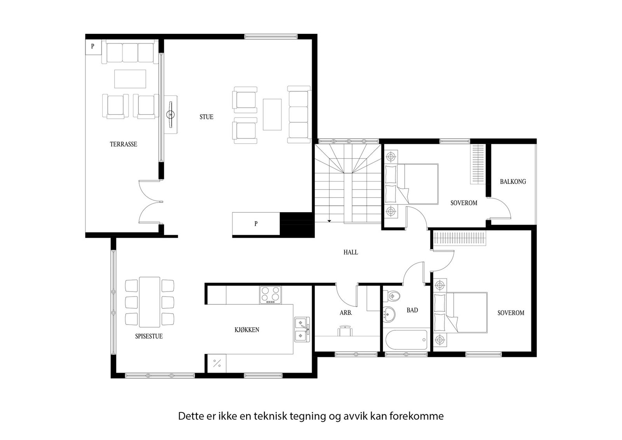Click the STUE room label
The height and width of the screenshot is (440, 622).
[x=206, y=117]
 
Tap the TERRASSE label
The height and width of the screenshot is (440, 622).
[x=123, y=144]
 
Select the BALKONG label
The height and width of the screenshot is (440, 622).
[x=513, y=182]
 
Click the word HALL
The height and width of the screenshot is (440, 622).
[x=351, y=252]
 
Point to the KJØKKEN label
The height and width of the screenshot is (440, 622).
[x=247, y=330]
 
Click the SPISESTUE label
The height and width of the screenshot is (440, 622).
[x=149, y=336]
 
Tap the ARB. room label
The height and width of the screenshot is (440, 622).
[x=346, y=313]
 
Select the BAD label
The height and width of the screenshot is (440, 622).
[x=412, y=310]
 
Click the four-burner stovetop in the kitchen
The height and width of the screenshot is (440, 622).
[x=271, y=295]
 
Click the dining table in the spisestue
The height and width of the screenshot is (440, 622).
[x=150, y=302]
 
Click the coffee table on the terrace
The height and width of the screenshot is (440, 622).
[x=130, y=79]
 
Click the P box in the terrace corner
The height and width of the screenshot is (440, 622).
[x=93, y=46]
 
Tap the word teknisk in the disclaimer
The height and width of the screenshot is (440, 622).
[x=270, y=416]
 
